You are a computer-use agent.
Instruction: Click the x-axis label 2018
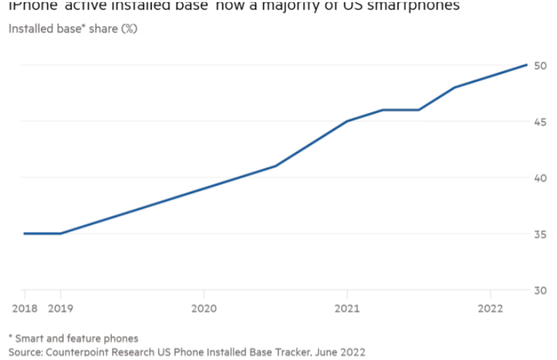click(24, 308)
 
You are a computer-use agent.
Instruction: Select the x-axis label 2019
click(61, 308)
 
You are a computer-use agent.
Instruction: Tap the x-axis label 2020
click(203, 308)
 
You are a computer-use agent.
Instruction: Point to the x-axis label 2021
click(347, 308)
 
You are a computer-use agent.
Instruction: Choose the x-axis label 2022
click(490, 308)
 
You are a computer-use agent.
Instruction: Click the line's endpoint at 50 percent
click(527, 65)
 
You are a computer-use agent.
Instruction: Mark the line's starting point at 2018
click(25, 233)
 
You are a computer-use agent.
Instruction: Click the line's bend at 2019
click(61, 233)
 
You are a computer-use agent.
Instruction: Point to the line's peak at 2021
click(347, 121)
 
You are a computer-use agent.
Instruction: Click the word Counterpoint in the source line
click(76, 351)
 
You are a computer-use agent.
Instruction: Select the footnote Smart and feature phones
click(77, 338)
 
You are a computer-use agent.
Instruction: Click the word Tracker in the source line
click(289, 351)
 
